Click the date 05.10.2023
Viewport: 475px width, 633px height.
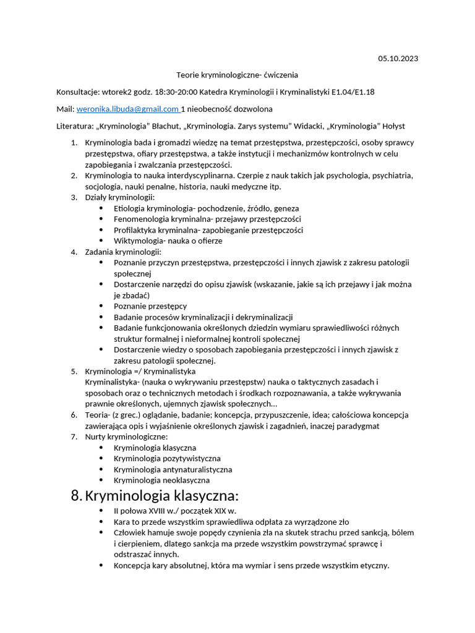point(398,59)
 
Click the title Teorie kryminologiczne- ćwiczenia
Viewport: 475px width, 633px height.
point(237,75)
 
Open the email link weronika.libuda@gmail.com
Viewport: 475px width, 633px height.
point(127,109)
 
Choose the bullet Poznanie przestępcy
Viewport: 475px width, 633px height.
point(150,306)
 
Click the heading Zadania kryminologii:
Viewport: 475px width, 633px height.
point(123,252)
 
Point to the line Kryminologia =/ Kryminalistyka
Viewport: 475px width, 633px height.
point(140,372)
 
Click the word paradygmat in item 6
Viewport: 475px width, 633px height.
point(359,426)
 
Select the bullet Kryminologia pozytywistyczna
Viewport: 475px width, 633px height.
point(167,459)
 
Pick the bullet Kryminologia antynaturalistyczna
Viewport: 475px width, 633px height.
point(173,469)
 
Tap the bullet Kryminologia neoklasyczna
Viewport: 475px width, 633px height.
point(161,480)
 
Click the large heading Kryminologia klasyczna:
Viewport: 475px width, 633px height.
point(161,496)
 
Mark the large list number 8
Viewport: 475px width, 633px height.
point(76,496)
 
